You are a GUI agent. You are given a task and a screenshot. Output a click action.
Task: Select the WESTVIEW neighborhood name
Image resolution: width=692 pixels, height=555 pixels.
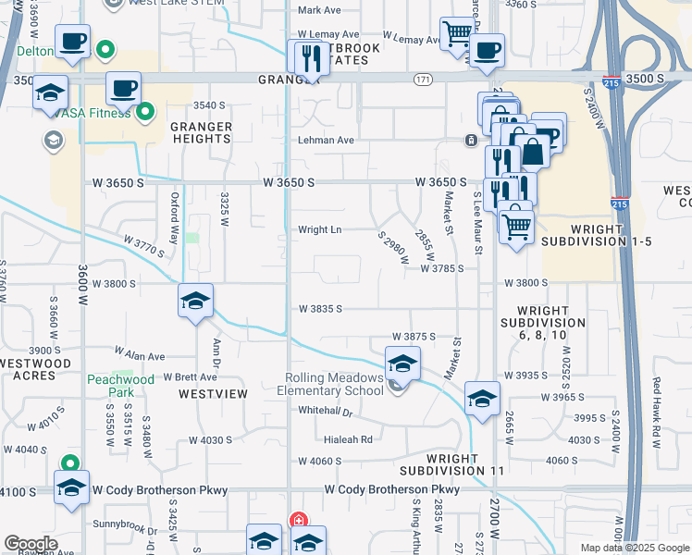click(x=214, y=394)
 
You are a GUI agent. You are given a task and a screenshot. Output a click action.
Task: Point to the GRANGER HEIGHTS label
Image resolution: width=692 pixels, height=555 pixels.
click(x=201, y=132)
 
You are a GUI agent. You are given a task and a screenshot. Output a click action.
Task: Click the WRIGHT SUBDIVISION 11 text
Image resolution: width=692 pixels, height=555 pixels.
click(x=466, y=464)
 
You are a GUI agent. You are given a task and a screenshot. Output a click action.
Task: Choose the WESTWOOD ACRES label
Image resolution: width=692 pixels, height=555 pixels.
click(x=36, y=357)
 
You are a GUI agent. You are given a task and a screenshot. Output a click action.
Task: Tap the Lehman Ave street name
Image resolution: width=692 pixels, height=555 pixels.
click(x=326, y=141)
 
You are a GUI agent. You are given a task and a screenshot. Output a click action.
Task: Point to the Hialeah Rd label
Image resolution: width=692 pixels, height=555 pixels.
click(x=348, y=439)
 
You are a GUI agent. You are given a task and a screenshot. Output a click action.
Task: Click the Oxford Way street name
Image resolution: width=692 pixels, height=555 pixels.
click(x=175, y=214)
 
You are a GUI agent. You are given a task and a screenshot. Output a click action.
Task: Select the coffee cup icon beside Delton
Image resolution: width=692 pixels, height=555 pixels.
click(x=72, y=42)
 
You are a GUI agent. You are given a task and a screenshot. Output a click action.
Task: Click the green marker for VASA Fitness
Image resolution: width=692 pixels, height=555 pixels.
click(x=145, y=114)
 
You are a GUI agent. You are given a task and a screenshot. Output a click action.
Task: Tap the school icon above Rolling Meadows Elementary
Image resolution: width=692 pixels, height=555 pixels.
click(x=402, y=364)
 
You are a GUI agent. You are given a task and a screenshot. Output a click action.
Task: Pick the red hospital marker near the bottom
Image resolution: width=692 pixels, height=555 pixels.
click(x=298, y=520)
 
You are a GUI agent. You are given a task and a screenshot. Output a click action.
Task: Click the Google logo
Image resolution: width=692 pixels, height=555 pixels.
click(x=30, y=544)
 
